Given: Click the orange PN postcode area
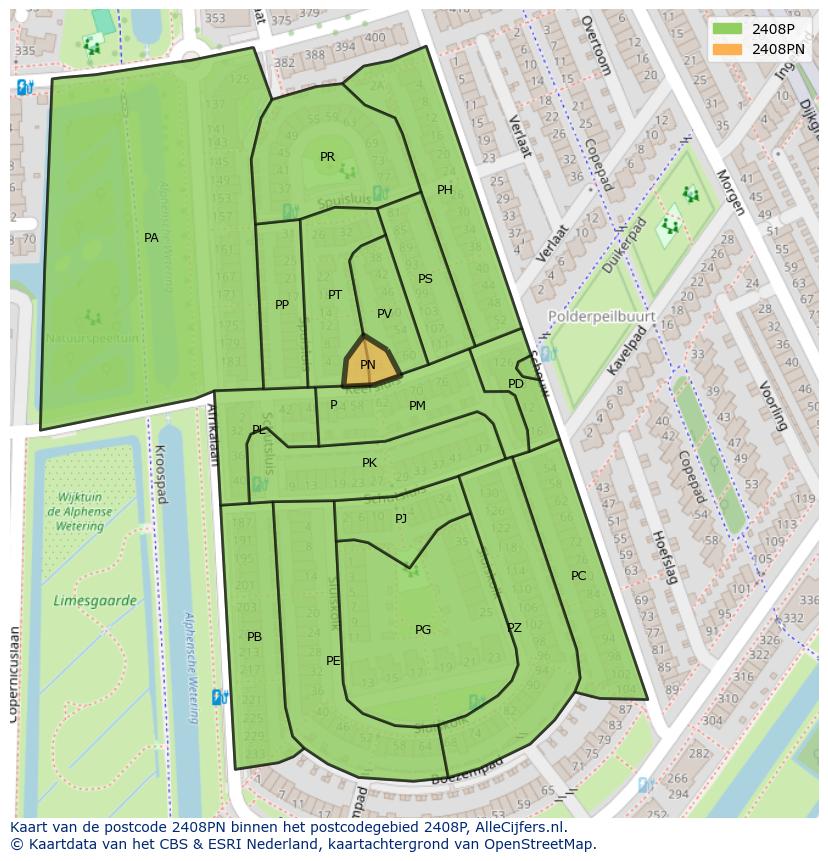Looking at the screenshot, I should point(369,365).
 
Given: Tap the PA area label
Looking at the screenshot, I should point(151,238).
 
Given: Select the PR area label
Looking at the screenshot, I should point(327,157).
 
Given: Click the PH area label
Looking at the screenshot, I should point(445,190).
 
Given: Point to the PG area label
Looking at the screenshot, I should point(423,630).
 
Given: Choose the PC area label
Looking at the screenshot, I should point(578,576).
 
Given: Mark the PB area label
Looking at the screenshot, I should point(254,637).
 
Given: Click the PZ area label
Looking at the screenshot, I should point(514,628).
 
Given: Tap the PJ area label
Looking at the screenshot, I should point(401,518).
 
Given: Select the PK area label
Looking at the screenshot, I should point(369,463).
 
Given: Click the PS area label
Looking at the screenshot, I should point(425,279).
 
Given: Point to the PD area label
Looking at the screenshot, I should point(516,384).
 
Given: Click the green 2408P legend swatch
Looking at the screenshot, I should point(728,29).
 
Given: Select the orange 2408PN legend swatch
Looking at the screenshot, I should point(728,49).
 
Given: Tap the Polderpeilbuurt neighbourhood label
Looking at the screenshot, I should point(602,316).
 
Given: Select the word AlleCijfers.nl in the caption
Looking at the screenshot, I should point(518,828).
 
